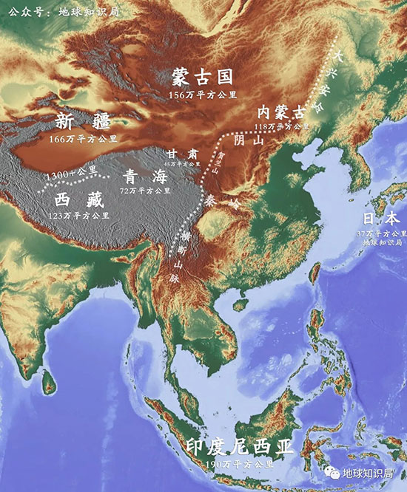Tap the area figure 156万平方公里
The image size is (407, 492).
[x=202, y=95]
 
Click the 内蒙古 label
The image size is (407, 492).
[x=280, y=112]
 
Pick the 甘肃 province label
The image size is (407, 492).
[x=181, y=154]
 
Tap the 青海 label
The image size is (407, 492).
[x=140, y=176]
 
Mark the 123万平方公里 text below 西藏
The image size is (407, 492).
[x=79, y=215]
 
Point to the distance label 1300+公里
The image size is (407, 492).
[x=70, y=173]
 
